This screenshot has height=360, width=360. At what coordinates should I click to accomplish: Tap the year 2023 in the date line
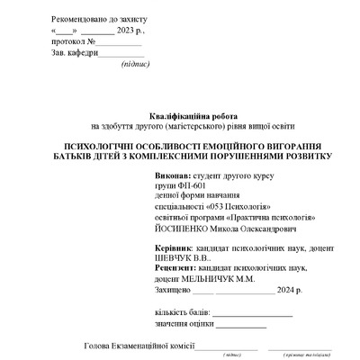tap(128, 30)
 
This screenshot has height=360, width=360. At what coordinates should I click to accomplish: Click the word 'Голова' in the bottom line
tap(96, 347)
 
